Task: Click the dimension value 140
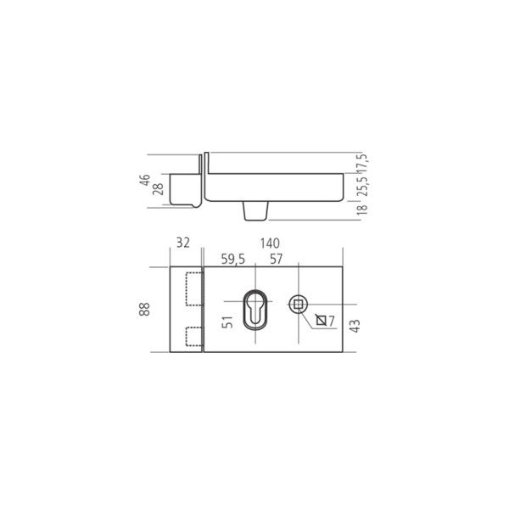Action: click(270, 243)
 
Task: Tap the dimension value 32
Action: click(182, 243)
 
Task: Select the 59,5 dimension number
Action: click(232, 260)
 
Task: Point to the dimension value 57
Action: click(277, 259)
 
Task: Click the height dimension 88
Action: click(144, 309)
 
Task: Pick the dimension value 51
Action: click(227, 322)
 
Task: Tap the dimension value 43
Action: click(355, 326)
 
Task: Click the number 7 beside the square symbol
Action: click(331, 321)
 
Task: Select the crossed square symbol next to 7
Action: click(321, 321)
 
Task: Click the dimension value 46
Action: click(145, 180)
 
